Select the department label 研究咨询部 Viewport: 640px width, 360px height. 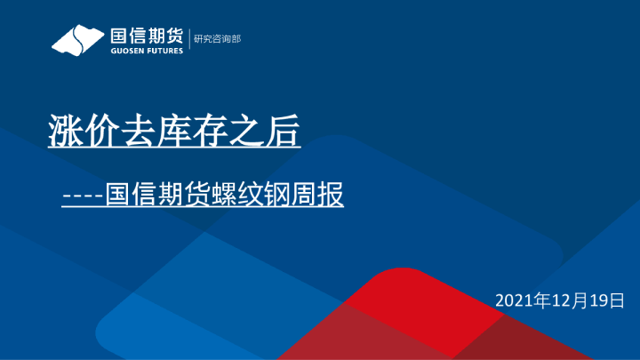(x=217, y=39)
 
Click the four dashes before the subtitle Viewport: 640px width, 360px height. (x=83, y=196)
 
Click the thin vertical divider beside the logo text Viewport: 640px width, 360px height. (x=189, y=40)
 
